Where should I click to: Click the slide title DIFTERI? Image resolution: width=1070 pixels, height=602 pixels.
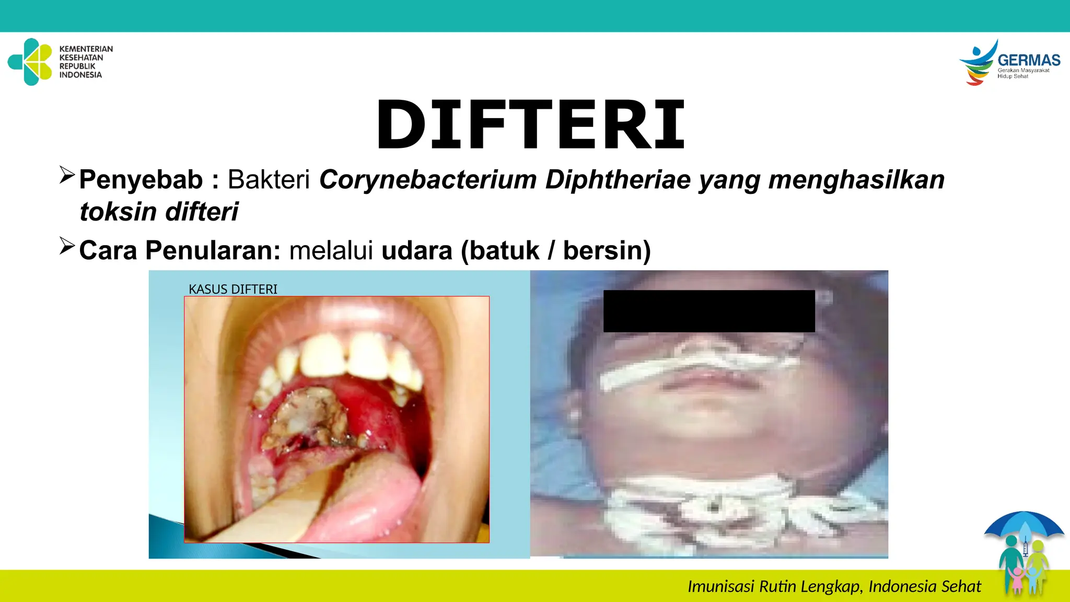click(530, 125)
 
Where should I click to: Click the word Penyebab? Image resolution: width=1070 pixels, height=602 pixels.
click(141, 180)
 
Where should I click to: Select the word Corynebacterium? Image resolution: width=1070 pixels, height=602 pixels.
click(428, 180)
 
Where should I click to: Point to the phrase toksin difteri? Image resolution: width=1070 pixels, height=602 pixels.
click(159, 212)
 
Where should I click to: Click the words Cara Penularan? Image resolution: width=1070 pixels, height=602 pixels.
click(180, 250)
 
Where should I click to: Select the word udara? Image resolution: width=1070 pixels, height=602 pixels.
click(416, 250)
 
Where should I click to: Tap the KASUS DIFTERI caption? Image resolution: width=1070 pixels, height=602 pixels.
click(233, 289)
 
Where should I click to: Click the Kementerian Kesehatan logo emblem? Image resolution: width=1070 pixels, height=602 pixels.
click(30, 62)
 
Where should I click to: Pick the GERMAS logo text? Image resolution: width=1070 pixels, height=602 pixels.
click(1028, 61)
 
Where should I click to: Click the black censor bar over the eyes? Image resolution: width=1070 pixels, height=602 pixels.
click(709, 311)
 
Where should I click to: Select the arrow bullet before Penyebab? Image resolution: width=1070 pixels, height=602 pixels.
click(67, 175)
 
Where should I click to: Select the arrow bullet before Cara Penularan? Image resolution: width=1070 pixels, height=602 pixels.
click(67, 246)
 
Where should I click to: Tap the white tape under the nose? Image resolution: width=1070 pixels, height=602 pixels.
click(695, 368)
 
